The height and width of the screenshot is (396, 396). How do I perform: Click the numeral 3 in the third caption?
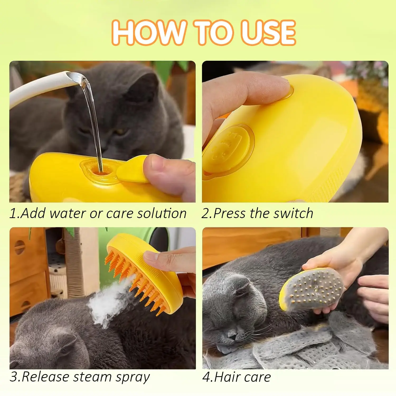13,377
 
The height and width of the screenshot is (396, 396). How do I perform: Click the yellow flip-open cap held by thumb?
132,169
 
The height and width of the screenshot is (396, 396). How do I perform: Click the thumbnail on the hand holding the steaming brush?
150,256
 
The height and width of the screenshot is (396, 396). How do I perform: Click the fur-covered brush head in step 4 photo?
312,289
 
